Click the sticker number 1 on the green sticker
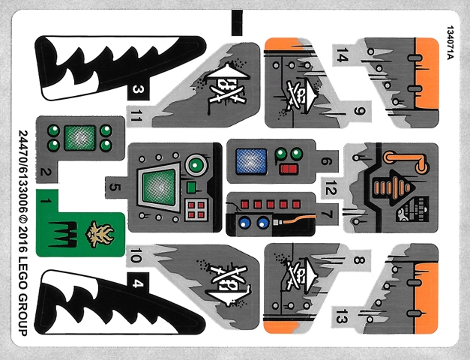(x=46, y=200)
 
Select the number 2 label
(x=46, y=173)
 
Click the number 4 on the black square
(x=137, y=283)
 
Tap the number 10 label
(x=136, y=256)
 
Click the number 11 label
(x=136, y=115)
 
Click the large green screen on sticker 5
(x=158, y=185)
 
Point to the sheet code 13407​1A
(x=449, y=47)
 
